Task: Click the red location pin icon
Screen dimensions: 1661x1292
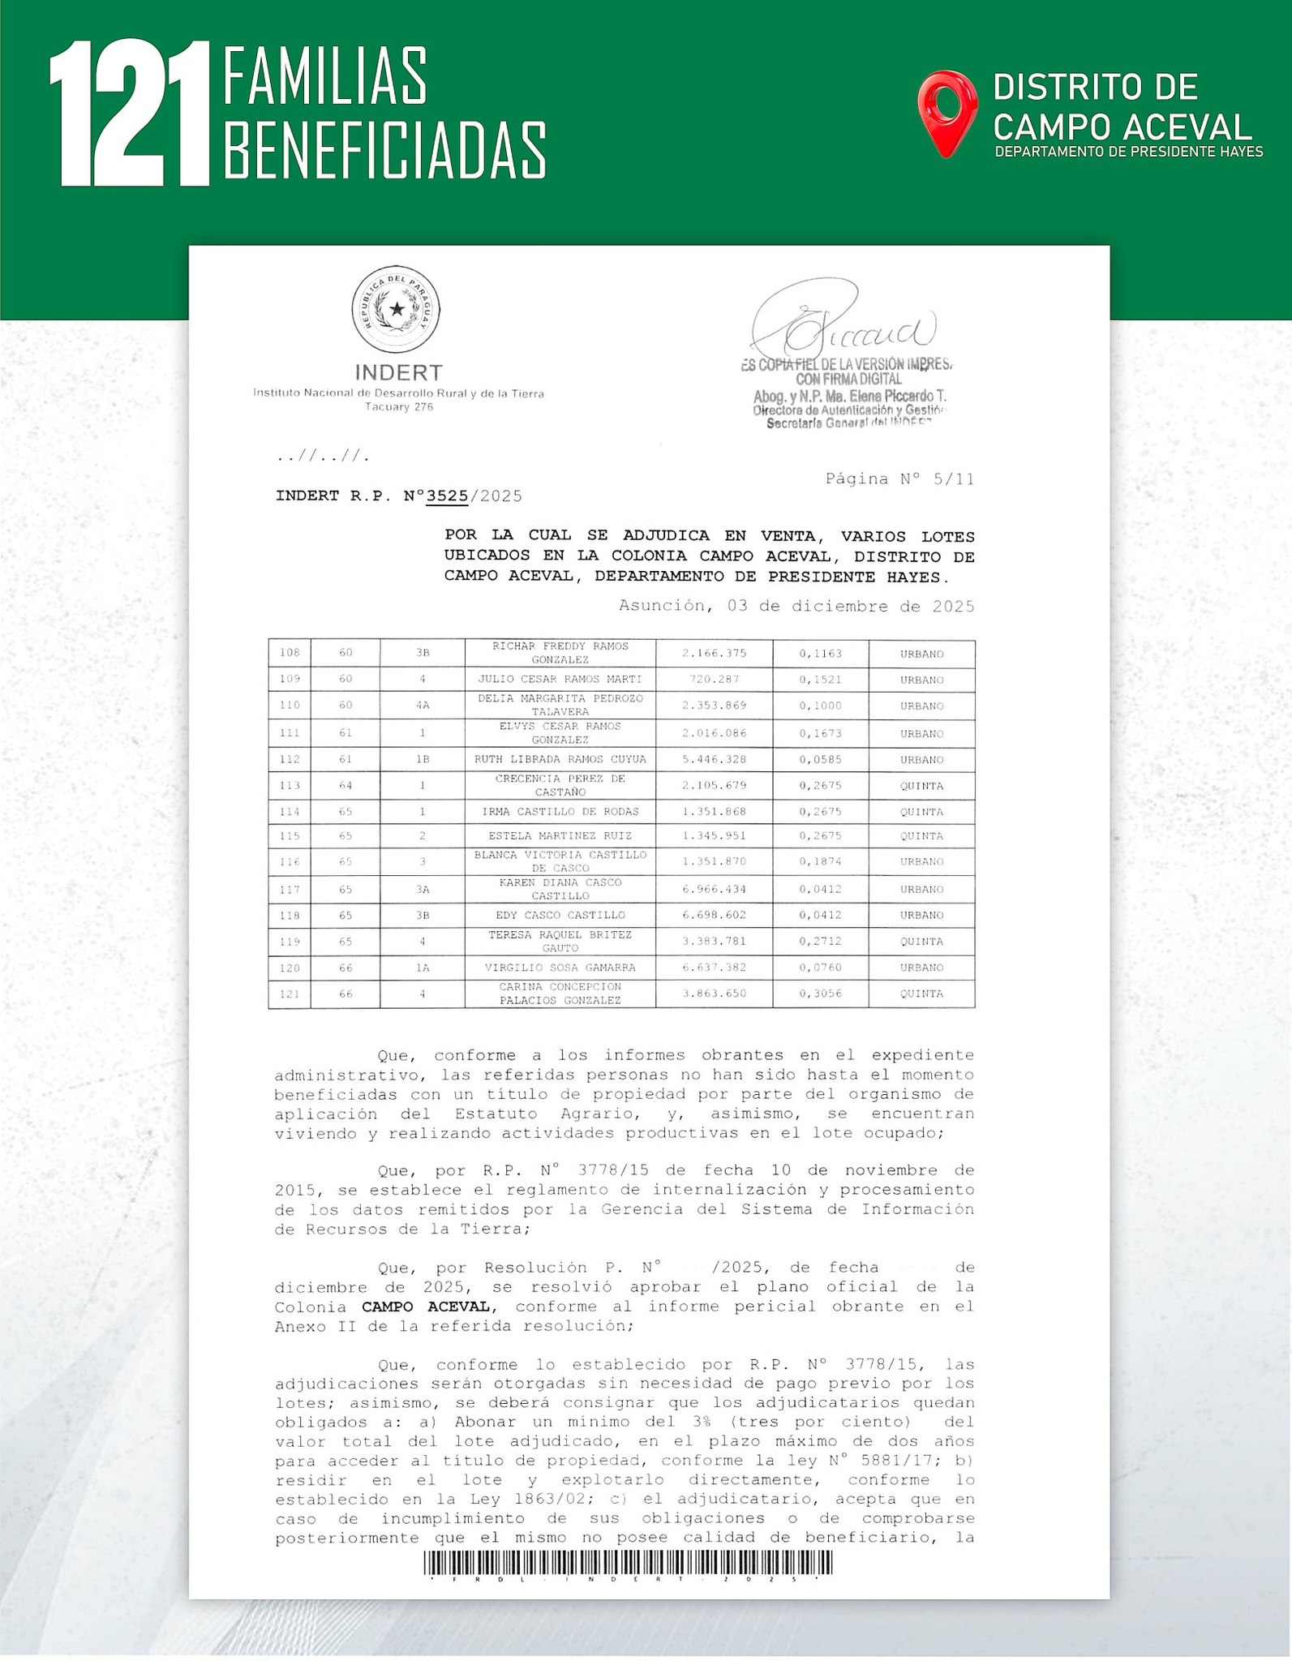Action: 946,112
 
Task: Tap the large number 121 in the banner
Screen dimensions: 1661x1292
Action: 130,115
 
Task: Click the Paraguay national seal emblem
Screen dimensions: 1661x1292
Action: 396,309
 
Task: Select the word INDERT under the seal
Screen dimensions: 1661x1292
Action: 398,372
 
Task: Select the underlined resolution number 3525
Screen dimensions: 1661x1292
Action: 448,496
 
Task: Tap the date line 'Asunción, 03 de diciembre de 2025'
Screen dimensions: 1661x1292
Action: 796,606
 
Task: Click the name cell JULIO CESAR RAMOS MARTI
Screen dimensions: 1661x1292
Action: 560,680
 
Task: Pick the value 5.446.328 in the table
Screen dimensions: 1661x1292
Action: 714,760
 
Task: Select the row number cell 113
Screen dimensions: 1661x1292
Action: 290,785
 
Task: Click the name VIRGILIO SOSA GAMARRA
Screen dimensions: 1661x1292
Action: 560,968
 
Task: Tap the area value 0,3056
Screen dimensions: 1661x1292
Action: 820,994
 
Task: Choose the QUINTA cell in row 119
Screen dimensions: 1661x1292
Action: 921,942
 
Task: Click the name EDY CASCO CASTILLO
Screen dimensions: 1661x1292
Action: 560,915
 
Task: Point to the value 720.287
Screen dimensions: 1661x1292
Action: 714,680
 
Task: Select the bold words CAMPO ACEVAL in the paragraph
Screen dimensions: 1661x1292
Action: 425,1307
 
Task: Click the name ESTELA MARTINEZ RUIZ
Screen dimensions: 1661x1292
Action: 560,835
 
